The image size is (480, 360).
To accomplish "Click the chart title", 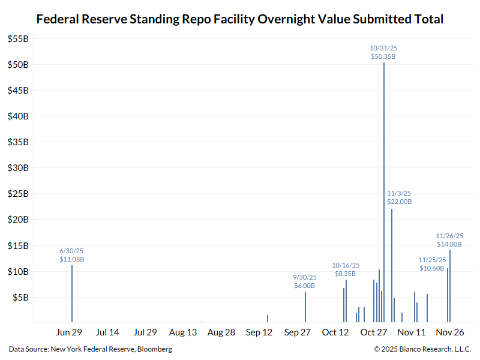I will tap(240, 19).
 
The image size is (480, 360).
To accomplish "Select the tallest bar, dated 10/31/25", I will tap(384, 192).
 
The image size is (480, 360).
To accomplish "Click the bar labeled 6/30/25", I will tap(72, 294).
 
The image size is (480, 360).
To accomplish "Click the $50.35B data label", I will tap(383, 56).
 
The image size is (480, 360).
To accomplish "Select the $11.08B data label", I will tap(71, 259).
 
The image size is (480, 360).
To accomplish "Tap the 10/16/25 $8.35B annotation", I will tap(346, 269).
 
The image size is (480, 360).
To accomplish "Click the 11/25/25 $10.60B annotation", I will tap(432, 264).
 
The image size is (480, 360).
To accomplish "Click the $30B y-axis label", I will tap(17, 168).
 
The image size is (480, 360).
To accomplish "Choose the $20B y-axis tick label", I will tap(17, 220).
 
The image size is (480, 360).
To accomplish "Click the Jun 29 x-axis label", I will tap(68, 332).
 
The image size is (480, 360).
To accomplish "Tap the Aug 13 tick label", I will tap(183, 332).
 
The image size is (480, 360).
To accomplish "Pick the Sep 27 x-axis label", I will tap(298, 332).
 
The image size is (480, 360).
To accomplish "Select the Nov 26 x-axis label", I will tap(450, 332).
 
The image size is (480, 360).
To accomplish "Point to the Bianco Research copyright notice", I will tap(422, 349).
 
